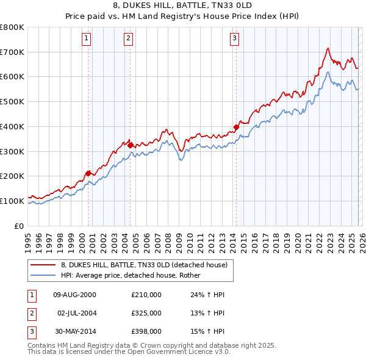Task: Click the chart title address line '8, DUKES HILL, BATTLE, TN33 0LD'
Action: [184, 6]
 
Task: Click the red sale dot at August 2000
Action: [88, 173]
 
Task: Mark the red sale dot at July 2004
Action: [131, 145]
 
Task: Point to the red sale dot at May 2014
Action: [236, 127]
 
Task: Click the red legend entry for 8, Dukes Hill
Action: [144, 265]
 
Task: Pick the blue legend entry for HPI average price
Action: [135, 275]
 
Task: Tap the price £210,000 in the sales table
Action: [146, 295]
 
